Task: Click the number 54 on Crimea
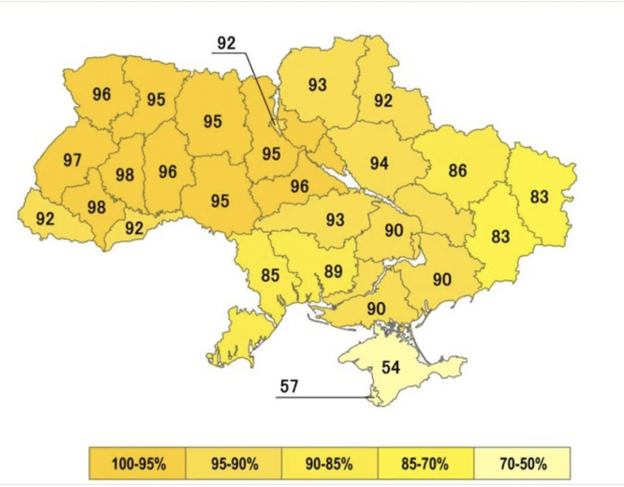(391, 367)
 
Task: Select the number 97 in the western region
(73, 160)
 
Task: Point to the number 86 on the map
(458, 171)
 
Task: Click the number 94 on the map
(379, 163)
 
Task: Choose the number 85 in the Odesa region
(270, 276)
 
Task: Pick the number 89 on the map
(333, 271)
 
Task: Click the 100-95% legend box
(137, 464)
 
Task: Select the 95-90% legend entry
(233, 464)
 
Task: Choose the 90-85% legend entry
(330, 464)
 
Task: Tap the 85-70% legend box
(426, 464)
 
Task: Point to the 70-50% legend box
(522, 464)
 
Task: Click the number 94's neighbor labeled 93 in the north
(317, 84)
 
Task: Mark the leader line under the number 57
(322, 397)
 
